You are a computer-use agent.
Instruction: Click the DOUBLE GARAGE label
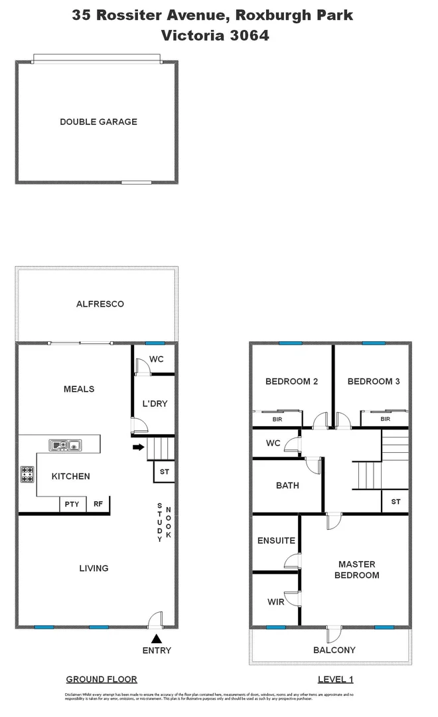(98, 121)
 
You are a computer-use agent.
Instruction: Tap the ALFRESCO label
(100, 304)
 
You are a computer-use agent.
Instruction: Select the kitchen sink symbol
(64, 444)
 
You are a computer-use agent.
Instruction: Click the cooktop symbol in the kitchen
(27, 474)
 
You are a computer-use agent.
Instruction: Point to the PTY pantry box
(72, 505)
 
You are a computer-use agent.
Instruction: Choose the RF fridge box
(98, 505)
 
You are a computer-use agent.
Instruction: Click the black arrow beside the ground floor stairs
(138, 447)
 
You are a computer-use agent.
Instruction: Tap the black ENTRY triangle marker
(157, 639)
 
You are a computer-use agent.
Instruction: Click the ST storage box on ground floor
(164, 472)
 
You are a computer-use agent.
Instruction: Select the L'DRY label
(155, 404)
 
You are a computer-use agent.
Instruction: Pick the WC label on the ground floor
(156, 360)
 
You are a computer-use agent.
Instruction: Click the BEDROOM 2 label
(291, 381)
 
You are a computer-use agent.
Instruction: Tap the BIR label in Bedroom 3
(385, 420)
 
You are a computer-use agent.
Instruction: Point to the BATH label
(287, 485)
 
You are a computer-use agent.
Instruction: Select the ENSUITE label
(276, 540)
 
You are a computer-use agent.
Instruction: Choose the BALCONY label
(334, 650)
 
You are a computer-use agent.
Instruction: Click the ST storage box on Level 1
(396, 502)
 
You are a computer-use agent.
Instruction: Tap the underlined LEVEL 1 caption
(335, 679)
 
